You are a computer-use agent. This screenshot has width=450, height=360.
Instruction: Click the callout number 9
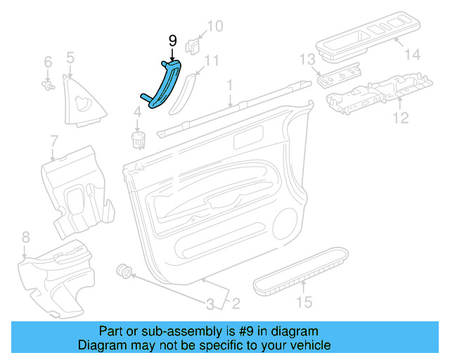pyautogui.click(x=172, y=41)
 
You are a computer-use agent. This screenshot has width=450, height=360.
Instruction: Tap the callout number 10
pyautogui.click(x=214, y=27)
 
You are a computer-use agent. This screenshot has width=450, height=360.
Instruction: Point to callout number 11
pyautogui.click(x=212, y=60)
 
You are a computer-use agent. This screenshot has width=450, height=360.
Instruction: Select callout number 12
pyautogui.click(x=400, y=117)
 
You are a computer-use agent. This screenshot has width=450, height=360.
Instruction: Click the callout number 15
pyautogui.click(x=304, y=303)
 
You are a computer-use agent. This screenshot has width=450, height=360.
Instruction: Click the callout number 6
pyautogui.click(x=48, y=62)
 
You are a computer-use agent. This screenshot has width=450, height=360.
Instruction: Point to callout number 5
pyautogui.click(x=70, y=57)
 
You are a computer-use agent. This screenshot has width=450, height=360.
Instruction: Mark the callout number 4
pyautogui.click(x=138, y=110)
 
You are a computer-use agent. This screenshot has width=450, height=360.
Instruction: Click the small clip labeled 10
pyautogui.click(x=191, y=46)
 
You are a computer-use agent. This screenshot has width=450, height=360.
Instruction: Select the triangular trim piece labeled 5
pyautogui.click(x=86, y=99)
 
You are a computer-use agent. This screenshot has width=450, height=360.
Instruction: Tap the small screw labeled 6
pyautogui.click(x=49, y=86)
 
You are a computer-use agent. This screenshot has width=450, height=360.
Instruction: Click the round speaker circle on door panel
pyautogui.click(x=286, y=224)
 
